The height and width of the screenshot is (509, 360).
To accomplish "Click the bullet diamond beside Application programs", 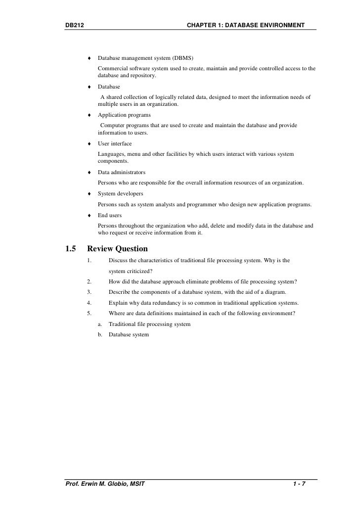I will [x=90, y=115].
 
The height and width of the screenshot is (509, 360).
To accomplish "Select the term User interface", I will [x=115, y=143].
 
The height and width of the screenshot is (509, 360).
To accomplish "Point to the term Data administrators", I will [x=122, y=173].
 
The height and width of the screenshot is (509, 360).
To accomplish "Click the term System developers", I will [x=121, y=193].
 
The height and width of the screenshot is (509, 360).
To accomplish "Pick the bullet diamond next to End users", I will [x=90, y=216].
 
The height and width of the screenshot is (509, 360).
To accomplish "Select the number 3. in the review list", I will [x=89, y=292].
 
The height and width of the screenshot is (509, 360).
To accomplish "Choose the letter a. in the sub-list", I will [x=100, y=324].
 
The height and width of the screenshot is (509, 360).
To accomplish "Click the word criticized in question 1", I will [x=139, y=271].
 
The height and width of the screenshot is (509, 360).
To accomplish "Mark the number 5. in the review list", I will [x=89, y=313].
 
